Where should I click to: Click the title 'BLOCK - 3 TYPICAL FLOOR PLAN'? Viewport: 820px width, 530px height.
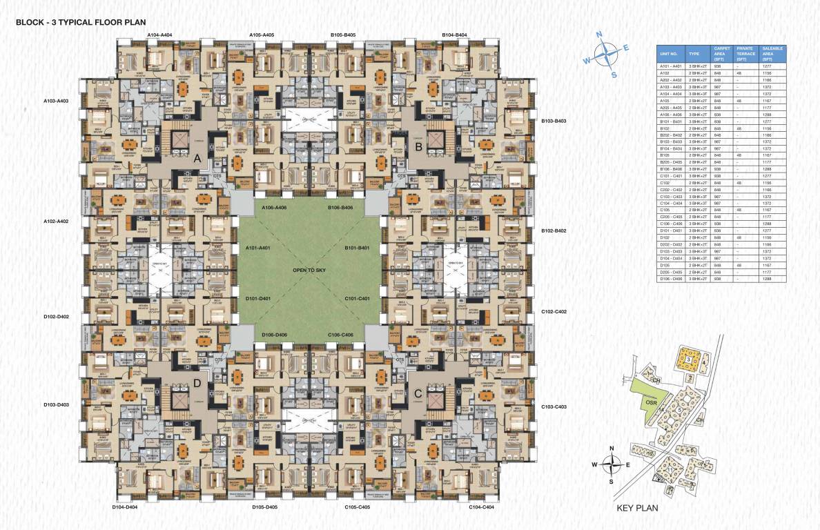[81, 22]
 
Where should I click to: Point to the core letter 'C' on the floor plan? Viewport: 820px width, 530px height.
[417, 393]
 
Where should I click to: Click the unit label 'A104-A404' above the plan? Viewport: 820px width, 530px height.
[159, 35]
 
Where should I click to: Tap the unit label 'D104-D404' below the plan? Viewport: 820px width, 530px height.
[125, 507]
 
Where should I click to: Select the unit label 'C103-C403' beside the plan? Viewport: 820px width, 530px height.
[554, 406]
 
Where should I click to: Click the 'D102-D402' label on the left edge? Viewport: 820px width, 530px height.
[56, 317]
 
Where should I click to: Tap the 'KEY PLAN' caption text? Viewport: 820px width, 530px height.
[636, 509]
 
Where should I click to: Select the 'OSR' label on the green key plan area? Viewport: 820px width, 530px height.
[650, 400]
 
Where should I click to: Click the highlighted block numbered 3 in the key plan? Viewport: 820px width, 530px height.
[687, 360]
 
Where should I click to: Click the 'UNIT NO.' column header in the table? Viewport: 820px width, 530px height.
[670, 53]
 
